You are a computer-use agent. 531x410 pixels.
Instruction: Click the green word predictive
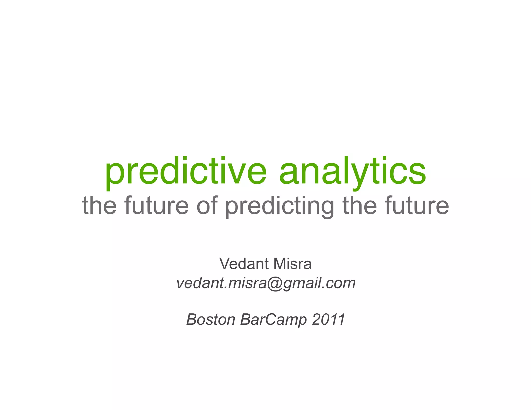(186, 172)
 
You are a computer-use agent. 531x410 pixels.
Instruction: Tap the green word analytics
(353, 172)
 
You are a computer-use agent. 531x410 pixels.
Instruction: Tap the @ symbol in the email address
(275, 283)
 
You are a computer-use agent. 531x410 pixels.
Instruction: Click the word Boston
(211, 319)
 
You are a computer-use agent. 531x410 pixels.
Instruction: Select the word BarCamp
(274, 320)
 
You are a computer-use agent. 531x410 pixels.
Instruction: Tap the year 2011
(329, 319)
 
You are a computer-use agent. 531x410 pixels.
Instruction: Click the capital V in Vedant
(225, 264)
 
